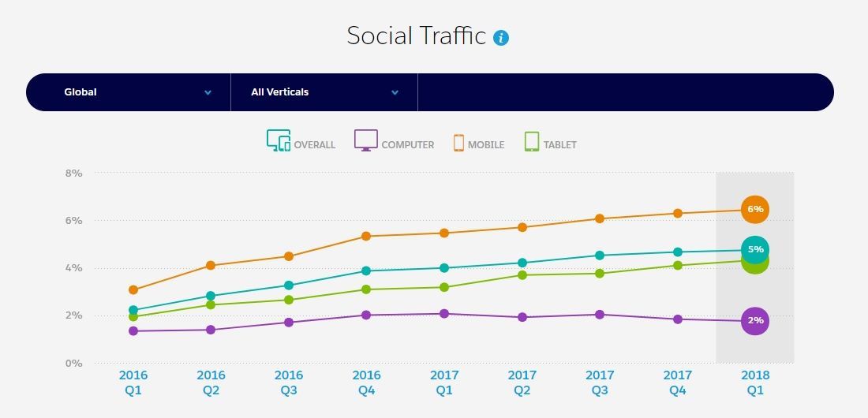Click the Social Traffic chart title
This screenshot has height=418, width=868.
tap(416, 36)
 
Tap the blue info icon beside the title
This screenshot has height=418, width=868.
tap(501, 37)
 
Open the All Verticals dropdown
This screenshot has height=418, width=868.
tap(324, 92)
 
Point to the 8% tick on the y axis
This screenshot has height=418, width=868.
tap(73, 173)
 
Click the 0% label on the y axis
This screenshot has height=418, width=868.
tap(73, 364)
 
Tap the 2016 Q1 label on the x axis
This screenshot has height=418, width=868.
tap(133, 383)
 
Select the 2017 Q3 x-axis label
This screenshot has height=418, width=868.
tap(600, 383)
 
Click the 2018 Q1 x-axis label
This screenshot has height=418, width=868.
tap(755, 383)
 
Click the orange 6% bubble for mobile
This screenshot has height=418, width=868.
tap(755, 209)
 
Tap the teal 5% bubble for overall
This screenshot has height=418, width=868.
tap(755, 249)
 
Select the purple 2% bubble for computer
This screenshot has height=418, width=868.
tap(755, 320)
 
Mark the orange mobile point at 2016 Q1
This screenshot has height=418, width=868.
tap(133, 290)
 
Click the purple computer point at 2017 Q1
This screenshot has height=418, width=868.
tap(444, 314)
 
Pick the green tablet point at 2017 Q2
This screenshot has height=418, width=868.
tap(522, 274)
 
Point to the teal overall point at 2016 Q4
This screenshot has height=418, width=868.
tap(366, 271)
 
